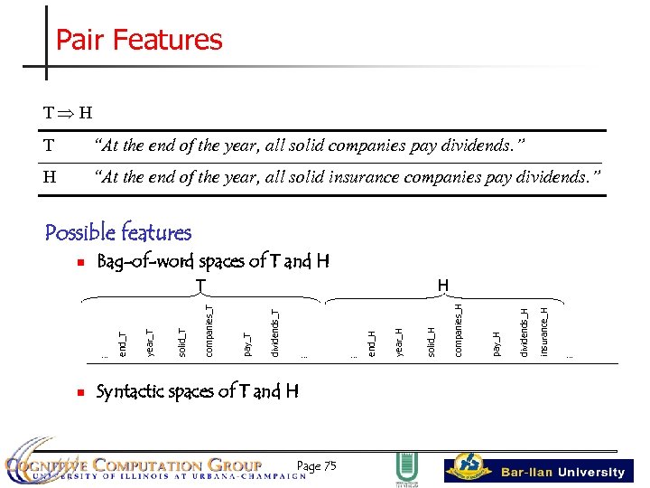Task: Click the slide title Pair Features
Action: (x=139, y=40)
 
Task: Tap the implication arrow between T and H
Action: (x=65, y=113)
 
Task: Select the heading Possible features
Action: (x=118, y=233)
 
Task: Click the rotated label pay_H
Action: (x=496, y=343)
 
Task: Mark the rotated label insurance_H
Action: (x=544, y=331)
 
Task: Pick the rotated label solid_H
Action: (x=432, y=342)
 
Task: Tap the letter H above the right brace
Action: (x=442, y=285)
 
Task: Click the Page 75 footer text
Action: (x=316, y=465)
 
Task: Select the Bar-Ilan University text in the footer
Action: (x=563, y=472)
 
